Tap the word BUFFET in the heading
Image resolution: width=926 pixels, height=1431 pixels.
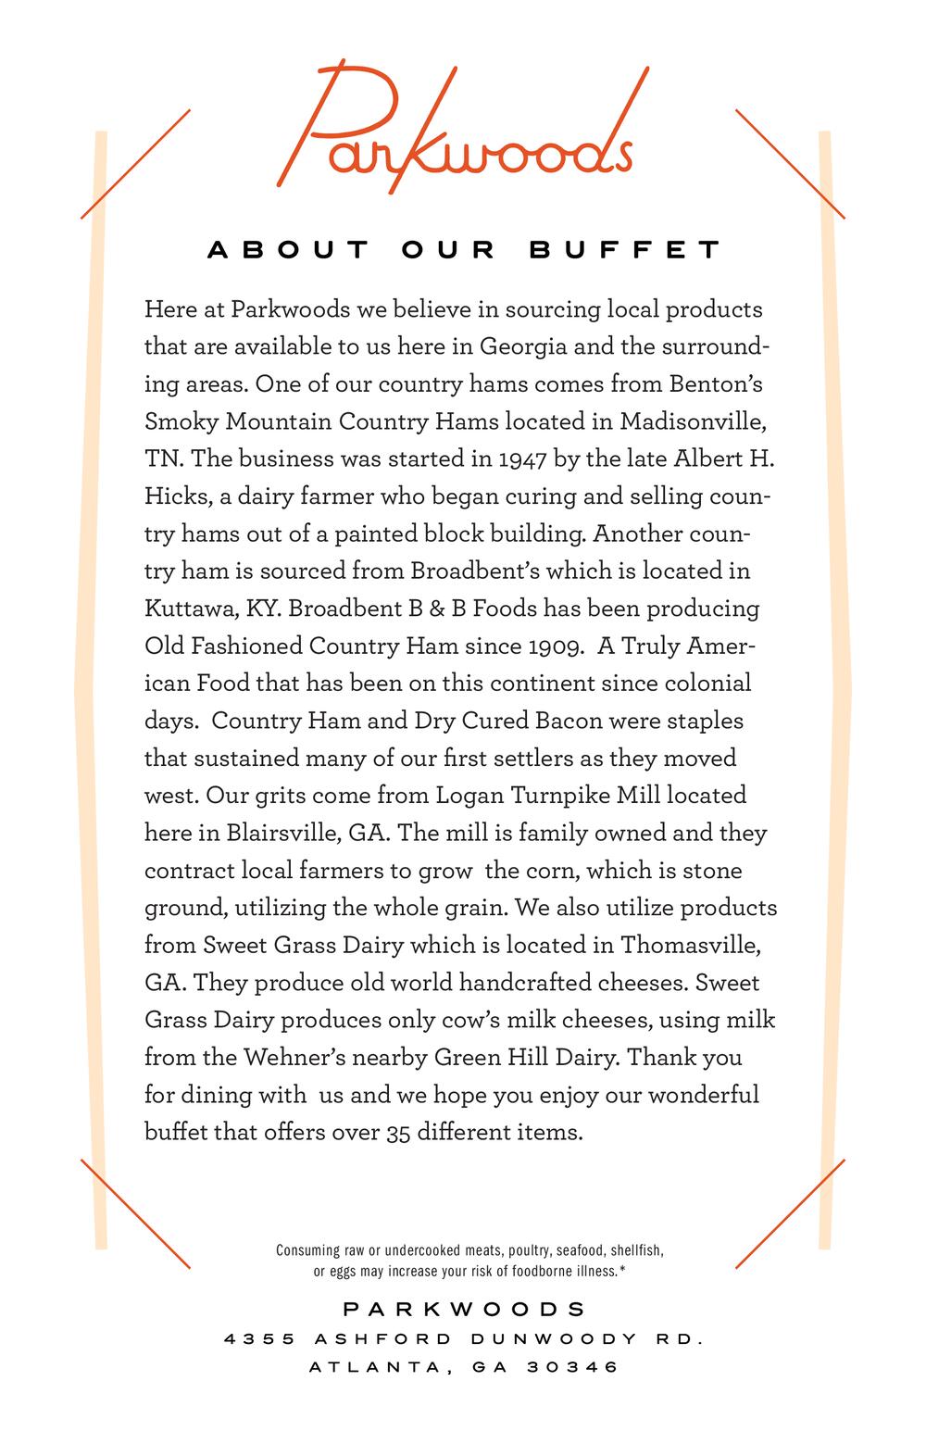click(x=625, y=250)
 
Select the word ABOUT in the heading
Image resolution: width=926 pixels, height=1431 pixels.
click(x=288, y=250)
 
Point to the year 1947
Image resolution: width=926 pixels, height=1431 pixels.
click(x=523, y=459)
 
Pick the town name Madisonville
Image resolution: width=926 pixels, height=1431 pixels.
click(x=691, y=421)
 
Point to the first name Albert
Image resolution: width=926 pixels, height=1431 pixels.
click(x=707, y=459)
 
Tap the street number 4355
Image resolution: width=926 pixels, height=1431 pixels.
click(x=259, y=1338)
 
